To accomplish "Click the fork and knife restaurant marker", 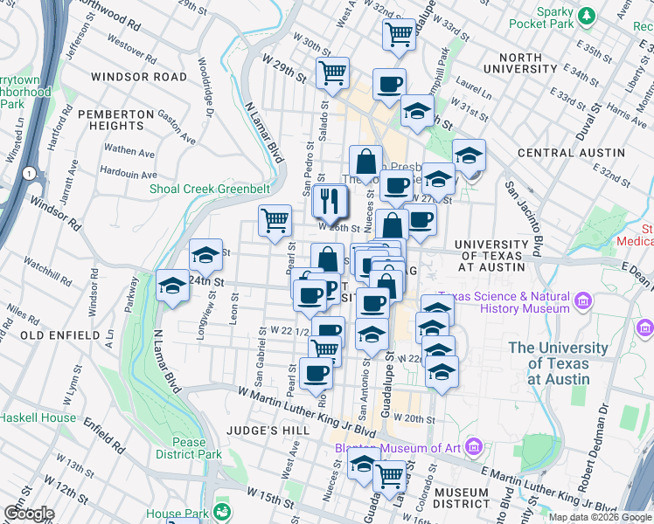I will tap(330, 202).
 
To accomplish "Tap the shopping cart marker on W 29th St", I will tap(332, 73).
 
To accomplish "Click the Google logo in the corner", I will tap(29, 514).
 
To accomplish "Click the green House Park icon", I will tap(223, 511).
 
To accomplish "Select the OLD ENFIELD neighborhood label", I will tap(59, 335).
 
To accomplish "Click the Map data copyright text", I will tap(600, 517).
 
